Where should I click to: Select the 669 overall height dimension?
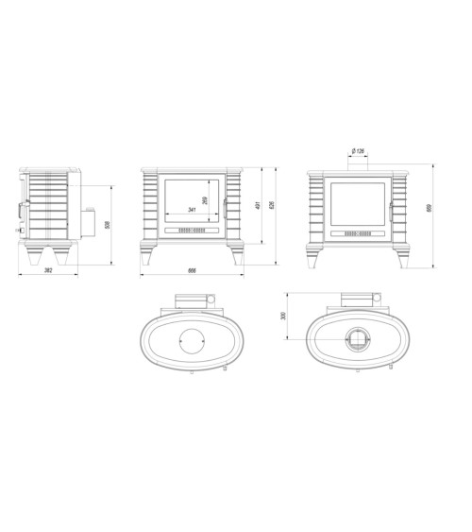(x=430, y=209)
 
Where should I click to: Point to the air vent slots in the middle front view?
(x=192, y=230)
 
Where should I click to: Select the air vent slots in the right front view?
(x=359, y=230)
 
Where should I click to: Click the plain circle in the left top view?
(x=193, y=341)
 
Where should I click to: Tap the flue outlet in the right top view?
(x=359, y=341)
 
